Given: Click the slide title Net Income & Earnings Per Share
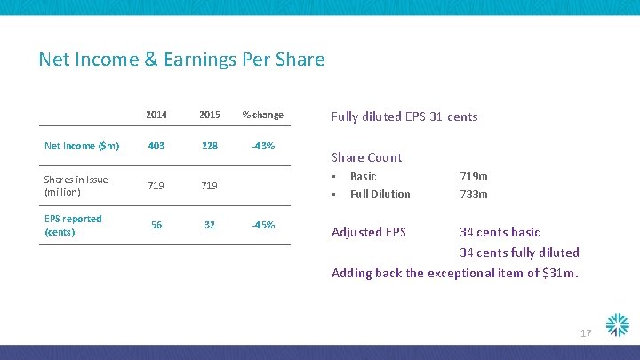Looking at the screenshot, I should coord(181,60).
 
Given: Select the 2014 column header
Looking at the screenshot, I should coord(156,115).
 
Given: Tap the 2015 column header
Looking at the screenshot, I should coord(210,115).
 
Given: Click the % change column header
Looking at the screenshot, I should coord(263,115).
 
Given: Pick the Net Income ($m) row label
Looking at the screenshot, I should coord(83,146).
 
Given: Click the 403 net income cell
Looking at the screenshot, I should coord(156,146).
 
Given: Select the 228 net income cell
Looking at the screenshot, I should coord(210,146).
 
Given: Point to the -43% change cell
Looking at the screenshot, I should coord(263,146).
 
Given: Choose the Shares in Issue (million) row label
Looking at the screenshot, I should coord(76,186).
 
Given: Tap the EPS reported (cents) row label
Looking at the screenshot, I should coord(73,225).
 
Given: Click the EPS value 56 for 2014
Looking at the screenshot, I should coord(156,225).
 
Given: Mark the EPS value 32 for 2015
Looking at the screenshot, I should coord(210,225).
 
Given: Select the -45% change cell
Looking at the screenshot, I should coord(263,225).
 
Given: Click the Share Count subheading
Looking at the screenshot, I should coord(366,157).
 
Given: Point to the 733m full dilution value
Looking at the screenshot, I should coord(474,194).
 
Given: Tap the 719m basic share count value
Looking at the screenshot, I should coord(474,176).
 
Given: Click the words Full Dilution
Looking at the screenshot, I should coord(380,194).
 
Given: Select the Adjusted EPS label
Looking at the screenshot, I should coord(368,232).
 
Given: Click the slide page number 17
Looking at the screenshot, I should coord(586,333).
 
